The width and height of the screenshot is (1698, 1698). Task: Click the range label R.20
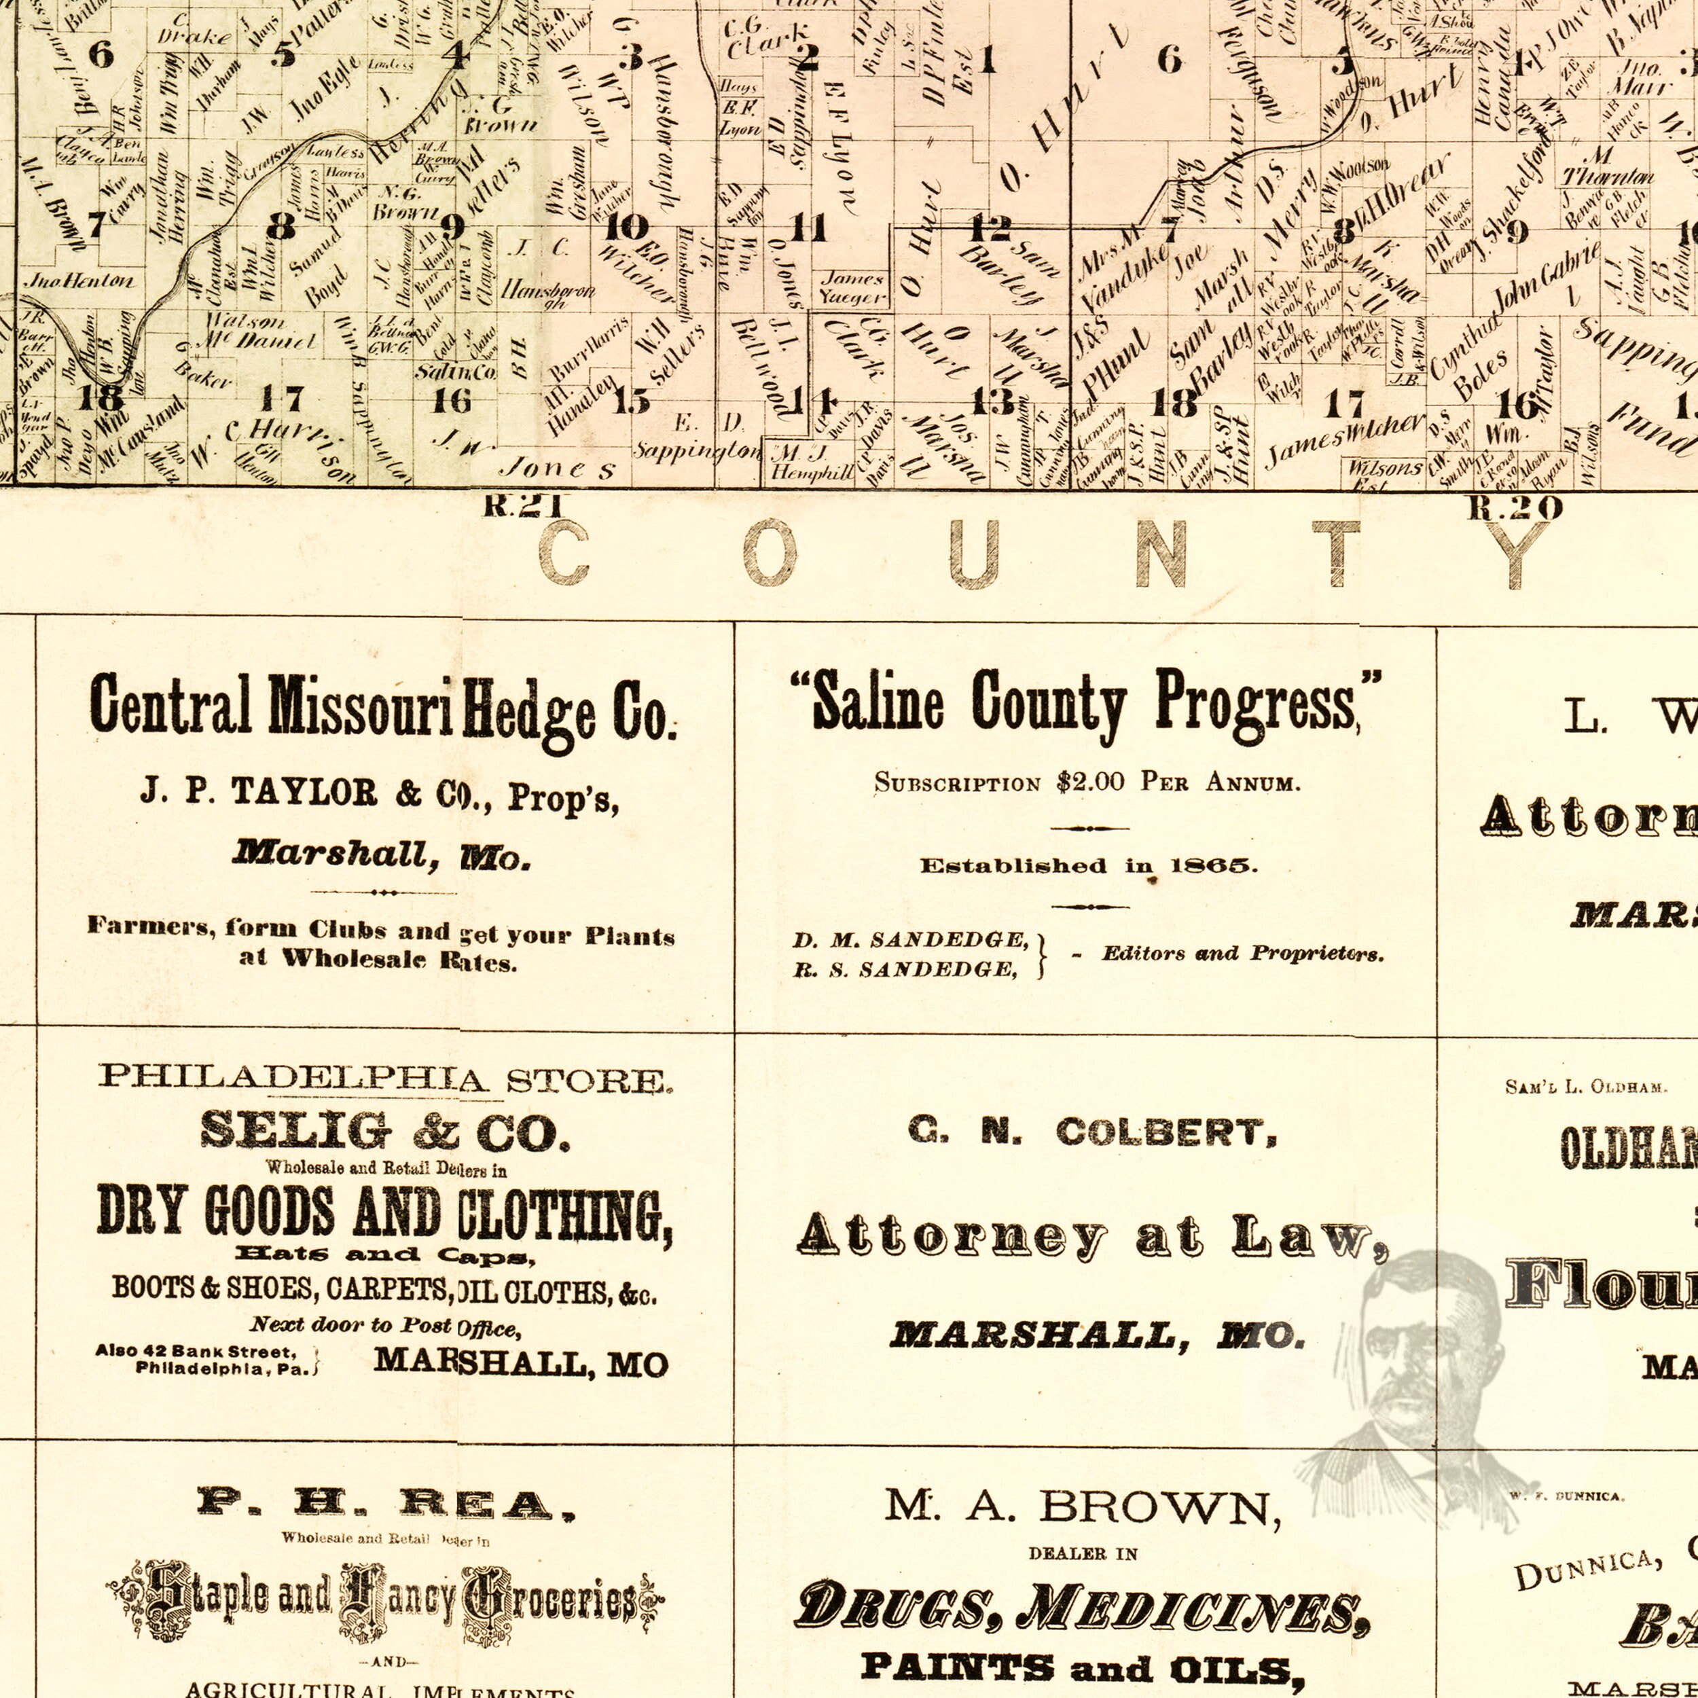(x=1515, y=507)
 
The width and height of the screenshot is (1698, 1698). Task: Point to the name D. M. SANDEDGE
(x=911, y=939)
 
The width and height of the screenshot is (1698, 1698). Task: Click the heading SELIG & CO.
(x=385, y=1132)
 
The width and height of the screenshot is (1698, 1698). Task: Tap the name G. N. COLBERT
(x=1092, y=1132)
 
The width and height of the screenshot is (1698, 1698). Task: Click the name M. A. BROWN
(x=1083, y=1508)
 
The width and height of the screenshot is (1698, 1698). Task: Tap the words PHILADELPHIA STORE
(x=385, y=1077)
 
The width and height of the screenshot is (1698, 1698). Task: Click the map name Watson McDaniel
(x=261, y=331)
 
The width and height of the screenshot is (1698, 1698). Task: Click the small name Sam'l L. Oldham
(x=1585, y=1087)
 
